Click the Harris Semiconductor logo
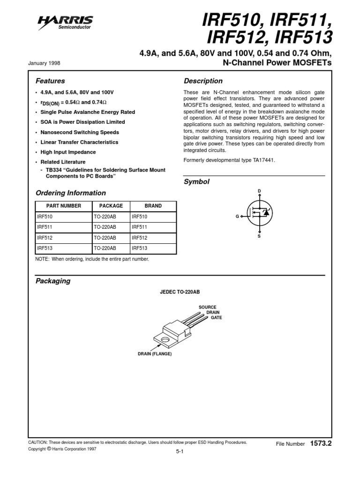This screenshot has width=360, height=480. [72, 22]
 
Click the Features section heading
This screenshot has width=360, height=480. [50, 81]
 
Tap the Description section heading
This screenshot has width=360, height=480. [203, 81]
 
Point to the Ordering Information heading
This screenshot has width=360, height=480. [71, 193]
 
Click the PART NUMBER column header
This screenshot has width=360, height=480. [64, 206]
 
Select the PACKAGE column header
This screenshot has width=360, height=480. [111, 206]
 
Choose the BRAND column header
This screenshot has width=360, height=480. [153, 206]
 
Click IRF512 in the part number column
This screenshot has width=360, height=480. [45, 238]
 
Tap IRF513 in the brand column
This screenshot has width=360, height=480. [140, 248]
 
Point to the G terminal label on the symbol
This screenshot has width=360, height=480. [237, 217]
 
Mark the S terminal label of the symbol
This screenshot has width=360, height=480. [259, 237]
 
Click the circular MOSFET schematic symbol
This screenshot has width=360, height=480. [259, 214]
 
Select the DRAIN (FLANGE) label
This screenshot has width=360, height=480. [155, 353]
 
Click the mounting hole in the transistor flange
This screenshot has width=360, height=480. [165, 338]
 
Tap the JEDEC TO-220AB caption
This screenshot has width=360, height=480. [180, 292]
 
